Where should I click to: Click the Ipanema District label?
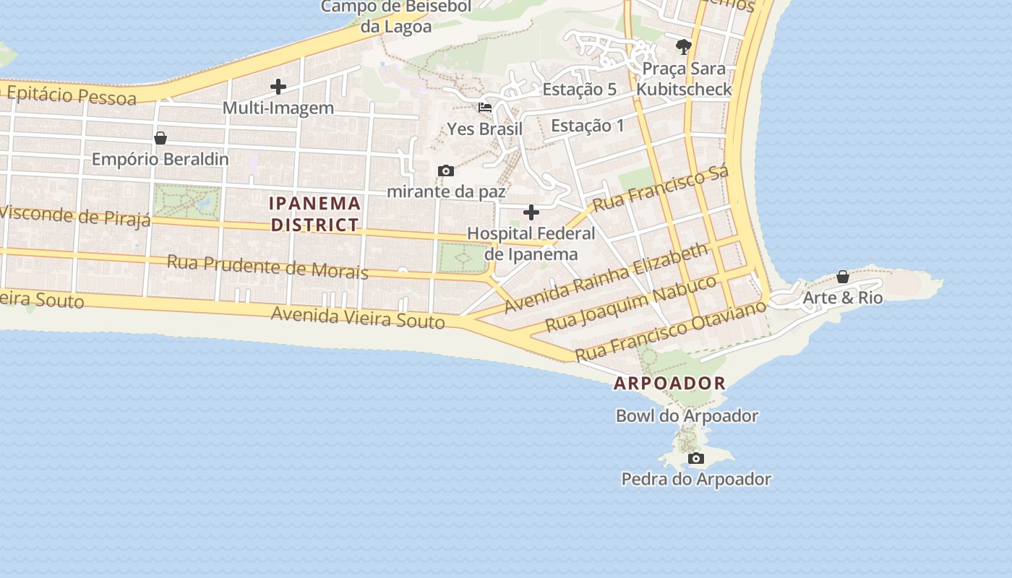point(314,214)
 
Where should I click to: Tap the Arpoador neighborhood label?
point(669,384)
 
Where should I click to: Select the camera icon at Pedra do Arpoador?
point(696,459)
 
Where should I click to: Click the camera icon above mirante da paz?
point(446,171)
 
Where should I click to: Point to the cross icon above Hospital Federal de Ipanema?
point(531,212)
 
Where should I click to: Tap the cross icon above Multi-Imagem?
point(278,87)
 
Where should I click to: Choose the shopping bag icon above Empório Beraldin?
point(160,138)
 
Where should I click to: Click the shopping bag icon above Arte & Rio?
point(843,277)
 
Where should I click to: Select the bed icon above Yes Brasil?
point(485,108)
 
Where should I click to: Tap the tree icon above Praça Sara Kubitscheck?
point(683,48)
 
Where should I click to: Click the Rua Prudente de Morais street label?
point(267,266)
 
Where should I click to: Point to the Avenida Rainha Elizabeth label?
point(606,277)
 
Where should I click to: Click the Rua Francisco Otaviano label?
point(670,331)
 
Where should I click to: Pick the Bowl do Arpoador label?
point(687,416)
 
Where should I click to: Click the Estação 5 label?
point(579,90)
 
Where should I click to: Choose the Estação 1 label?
point(587,126)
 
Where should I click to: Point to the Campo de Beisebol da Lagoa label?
point(396,17)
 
